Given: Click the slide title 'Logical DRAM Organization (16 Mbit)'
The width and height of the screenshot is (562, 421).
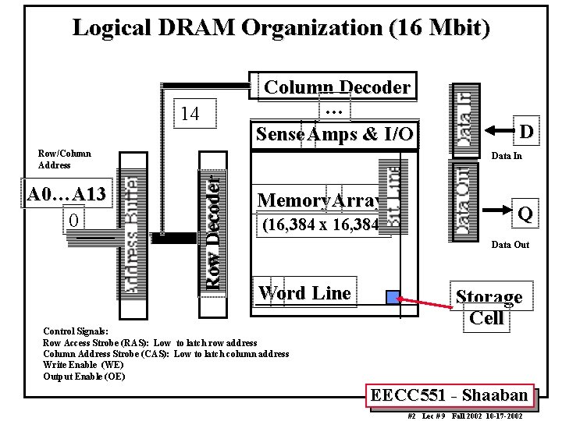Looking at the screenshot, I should (x=281, y=28).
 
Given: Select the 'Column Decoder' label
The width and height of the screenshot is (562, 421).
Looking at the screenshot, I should (x=338, y=87).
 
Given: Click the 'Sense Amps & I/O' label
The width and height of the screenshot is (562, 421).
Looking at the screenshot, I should (x=335, y=134).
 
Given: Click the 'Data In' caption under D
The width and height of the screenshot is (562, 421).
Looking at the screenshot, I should (x=506, y=156).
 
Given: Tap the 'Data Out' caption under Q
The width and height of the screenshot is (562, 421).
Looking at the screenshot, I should (x=510, y=245).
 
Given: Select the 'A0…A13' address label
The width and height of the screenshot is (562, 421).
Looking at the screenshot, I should (x=67, y=193).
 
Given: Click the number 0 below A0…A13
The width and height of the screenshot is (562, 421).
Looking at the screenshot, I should (x=73, y=221).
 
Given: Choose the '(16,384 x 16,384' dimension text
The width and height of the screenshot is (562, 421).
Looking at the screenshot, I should (x=319, y=227).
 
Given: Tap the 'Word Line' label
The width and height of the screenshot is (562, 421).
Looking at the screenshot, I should (x=304, y=293).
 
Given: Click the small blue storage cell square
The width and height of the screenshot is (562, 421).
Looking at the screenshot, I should (x=393, y=296).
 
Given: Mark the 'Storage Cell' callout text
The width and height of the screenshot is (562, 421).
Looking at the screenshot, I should (x=489, y=307).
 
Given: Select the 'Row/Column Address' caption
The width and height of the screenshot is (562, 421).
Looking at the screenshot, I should (x=65, y=159).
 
